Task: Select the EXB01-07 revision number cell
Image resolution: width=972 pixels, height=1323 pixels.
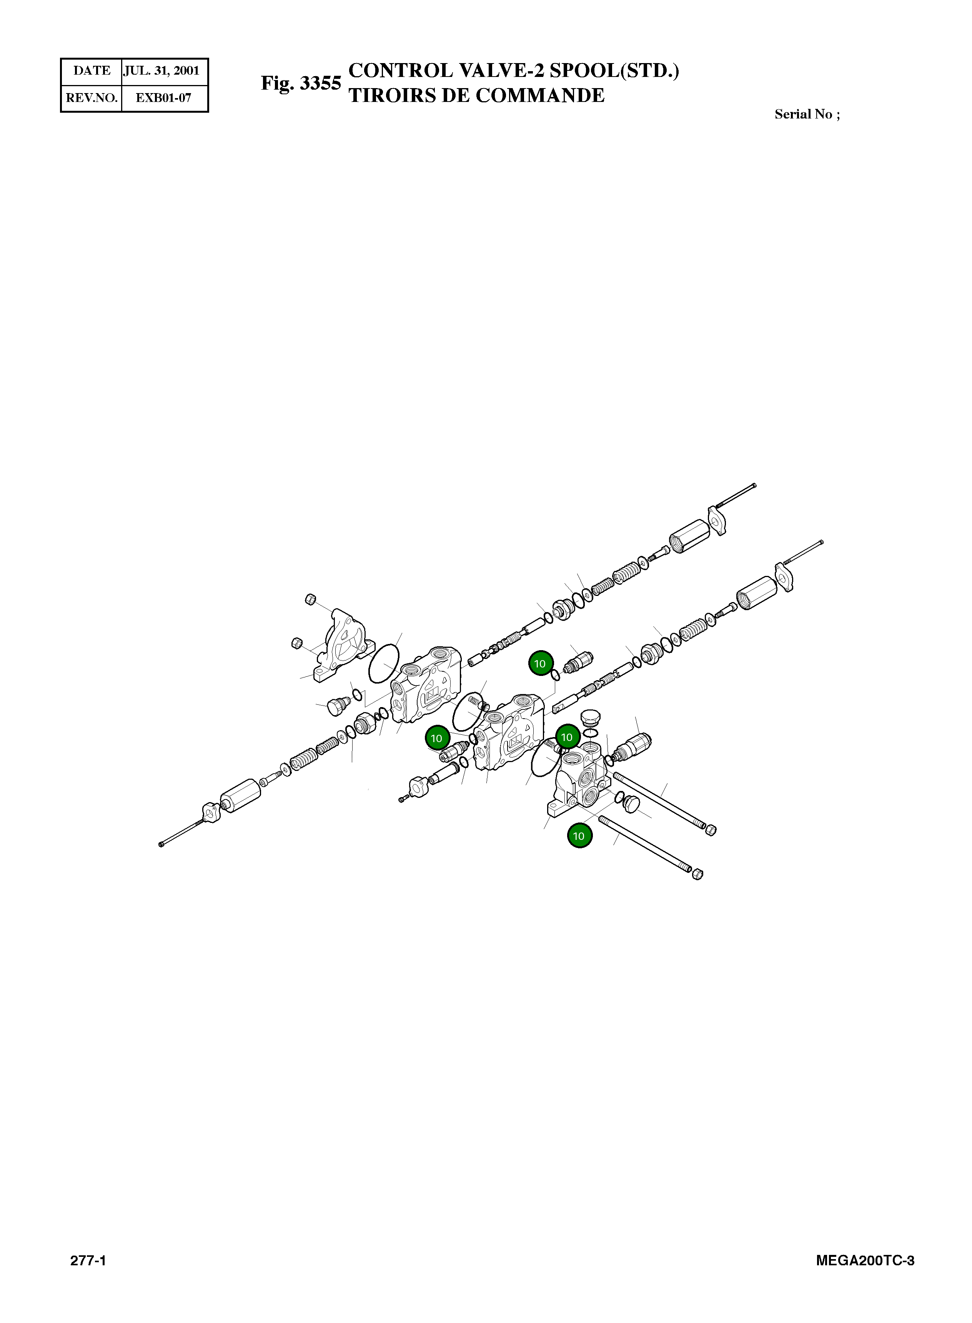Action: click(163, 98)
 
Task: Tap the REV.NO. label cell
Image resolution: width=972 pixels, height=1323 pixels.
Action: click(91, 98)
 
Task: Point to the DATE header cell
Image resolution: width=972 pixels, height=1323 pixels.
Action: click(91, 71)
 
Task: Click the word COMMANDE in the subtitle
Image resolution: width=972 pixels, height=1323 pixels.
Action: click(540, 95)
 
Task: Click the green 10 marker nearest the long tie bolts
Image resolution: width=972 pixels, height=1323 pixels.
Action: click(579, 836)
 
